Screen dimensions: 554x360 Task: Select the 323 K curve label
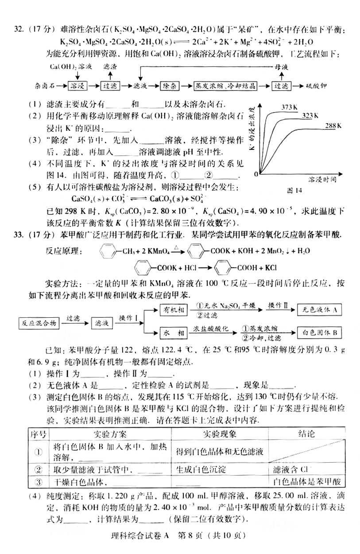pos(310,116)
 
